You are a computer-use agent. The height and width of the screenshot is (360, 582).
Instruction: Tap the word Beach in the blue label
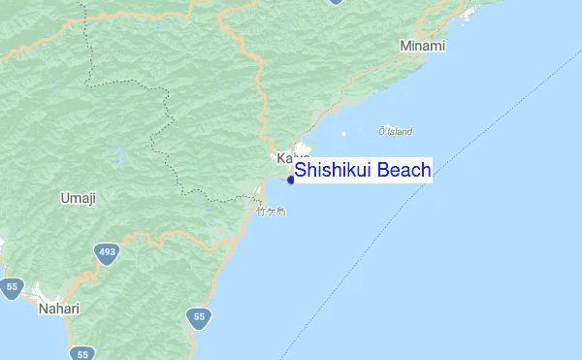click(x=404, y=171)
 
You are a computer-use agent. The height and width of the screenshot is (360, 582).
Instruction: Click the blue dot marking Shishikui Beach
click(x=290, y=180)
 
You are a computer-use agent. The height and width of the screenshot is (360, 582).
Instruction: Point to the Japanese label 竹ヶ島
click(x=271, y=210)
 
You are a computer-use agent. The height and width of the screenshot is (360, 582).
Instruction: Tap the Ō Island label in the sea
click(x=396, y=131)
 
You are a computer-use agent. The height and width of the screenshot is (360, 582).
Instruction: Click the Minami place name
click(x=422, y=46)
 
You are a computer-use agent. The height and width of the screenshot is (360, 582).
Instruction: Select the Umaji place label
click(x=78, y=199)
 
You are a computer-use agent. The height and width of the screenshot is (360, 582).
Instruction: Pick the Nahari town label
click(x=58, y=309)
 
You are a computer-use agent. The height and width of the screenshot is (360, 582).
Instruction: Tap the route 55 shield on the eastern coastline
click(x=199, y=317)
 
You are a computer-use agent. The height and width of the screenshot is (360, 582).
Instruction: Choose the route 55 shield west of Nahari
click(x=12, y=287)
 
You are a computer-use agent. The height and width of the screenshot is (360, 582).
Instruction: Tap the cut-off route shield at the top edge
click(x=336, y=2)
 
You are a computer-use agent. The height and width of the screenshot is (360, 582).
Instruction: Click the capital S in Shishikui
click(x=301, y=171)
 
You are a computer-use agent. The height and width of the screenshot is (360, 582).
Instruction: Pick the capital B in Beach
click(x=383, y=171)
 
